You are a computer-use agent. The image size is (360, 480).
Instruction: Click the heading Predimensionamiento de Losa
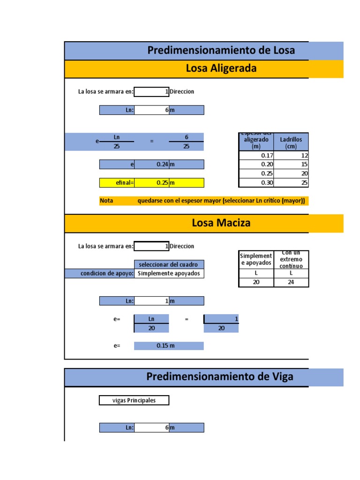tap(221, 50)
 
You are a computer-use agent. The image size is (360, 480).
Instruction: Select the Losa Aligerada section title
tap(221, 68)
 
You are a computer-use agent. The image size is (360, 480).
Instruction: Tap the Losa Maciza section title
tap(221, 223)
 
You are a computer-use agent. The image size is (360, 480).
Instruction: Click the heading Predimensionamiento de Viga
tap(220, 376)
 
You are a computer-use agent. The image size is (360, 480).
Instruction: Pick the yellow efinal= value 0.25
tap(151, 182)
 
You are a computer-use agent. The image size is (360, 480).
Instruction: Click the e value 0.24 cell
tap(151, 165)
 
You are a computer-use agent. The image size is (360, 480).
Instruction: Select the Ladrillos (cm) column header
tap(291, 142)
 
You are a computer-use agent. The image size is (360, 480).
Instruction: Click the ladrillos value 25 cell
tap(291, 183)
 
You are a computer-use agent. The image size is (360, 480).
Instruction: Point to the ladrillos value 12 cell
tap(291, 156)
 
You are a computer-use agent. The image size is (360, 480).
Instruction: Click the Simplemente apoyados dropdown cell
tap(169, 273)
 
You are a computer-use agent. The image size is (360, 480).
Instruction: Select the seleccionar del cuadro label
tap(169, 264)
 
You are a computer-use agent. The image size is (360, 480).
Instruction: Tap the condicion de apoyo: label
tap(107, 273)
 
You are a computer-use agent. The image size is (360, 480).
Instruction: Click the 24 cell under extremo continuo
tap(291, 282)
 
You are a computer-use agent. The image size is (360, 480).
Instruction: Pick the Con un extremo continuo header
tap(291, 259)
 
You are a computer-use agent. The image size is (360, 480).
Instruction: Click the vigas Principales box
tap(134, 400)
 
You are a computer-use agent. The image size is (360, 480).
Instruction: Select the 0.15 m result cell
tap(169, 346)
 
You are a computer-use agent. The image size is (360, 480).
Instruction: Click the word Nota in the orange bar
tap(107, 201)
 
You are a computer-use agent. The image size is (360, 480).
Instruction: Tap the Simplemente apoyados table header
tap(256, 259)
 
